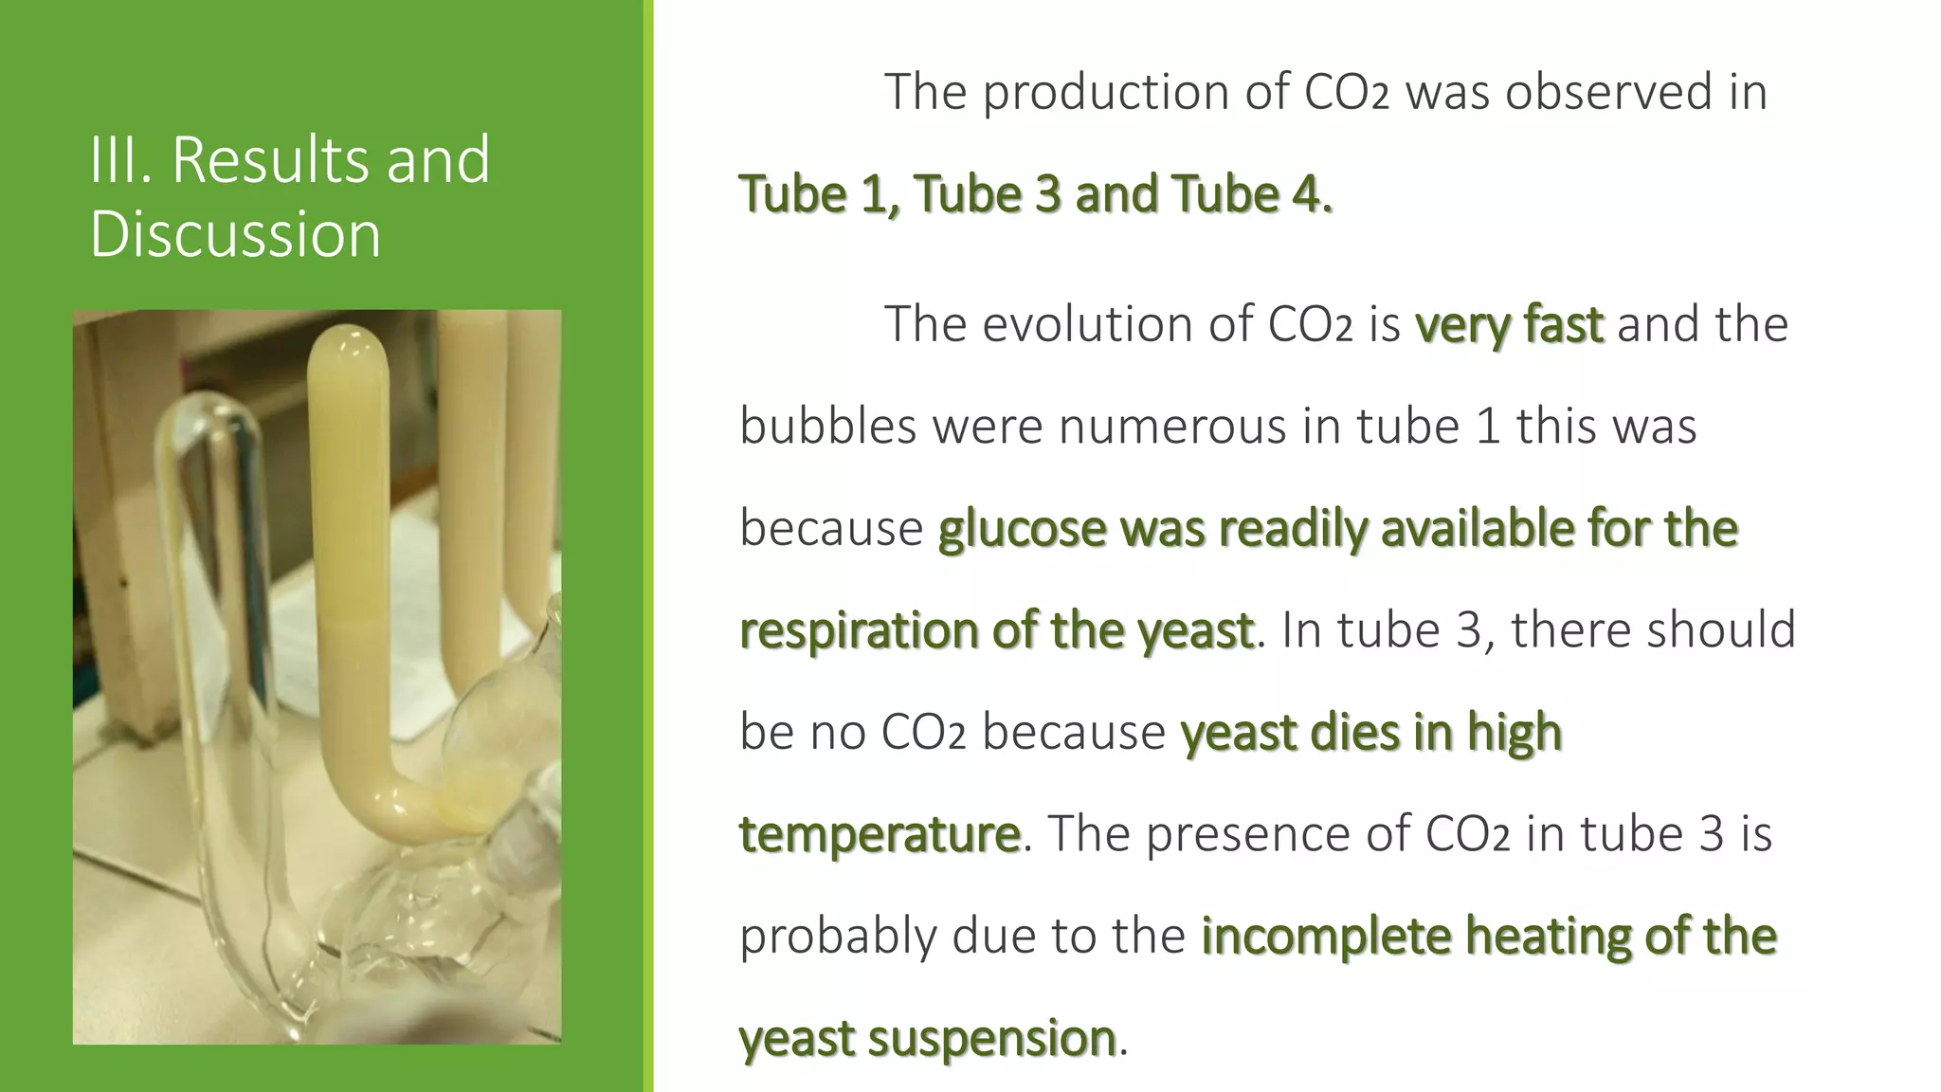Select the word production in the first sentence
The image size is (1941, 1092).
tap(1135, 93)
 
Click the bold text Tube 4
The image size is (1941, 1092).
tap(1251, 194)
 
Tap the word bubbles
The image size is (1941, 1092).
tap(827, 426)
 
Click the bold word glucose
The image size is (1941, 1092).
tap(1022, 528)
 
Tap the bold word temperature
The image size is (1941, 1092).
tap(880, 834)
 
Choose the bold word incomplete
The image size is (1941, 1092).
tap(1325, 937)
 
